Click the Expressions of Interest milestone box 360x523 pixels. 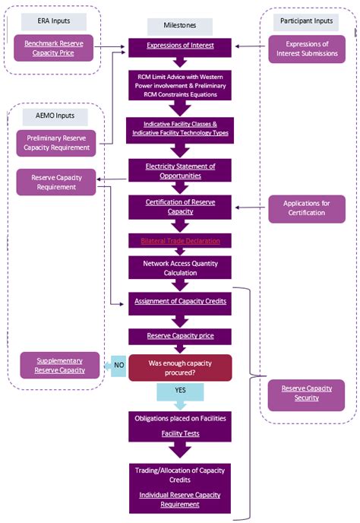[x=180, y=46]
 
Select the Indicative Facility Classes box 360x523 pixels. [x=180, y=128]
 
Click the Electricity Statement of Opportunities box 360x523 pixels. [x=180, y=170]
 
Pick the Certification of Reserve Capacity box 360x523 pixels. [x=180, y=206]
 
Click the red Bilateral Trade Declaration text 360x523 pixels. [x=180, y=241]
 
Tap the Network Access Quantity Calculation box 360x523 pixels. [x=180, y=268]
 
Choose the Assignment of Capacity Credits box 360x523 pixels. [x=180, y=302]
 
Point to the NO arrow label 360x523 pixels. [x=118, y=364]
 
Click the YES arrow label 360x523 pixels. [x=180, y=391]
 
